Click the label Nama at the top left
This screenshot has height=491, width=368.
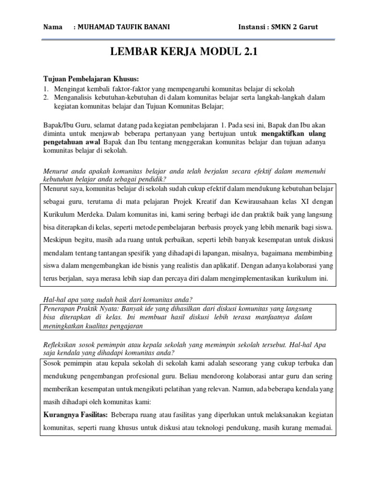pyautogui.click(x=53, y=27)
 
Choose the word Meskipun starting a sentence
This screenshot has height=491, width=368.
pyautogui.click(x=59, y=239)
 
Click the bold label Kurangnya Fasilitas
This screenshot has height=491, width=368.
pyautogui.click(x=76, y=414)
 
